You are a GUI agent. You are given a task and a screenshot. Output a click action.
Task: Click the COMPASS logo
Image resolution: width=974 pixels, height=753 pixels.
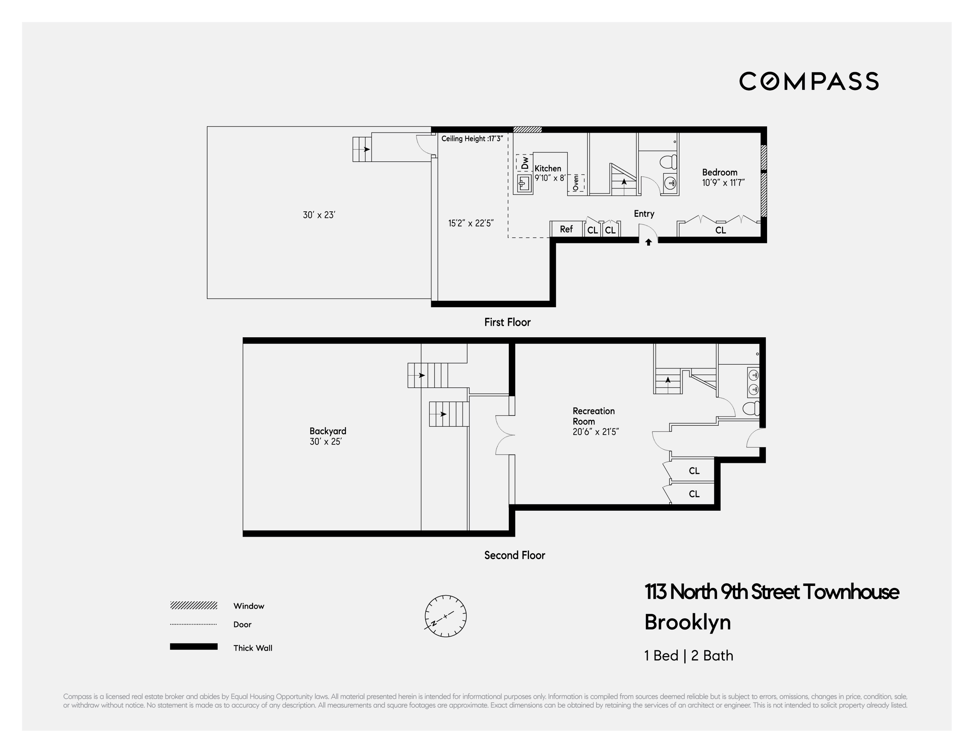click(809, 81)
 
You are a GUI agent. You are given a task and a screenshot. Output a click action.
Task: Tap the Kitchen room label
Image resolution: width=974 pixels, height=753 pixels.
click(548, 169)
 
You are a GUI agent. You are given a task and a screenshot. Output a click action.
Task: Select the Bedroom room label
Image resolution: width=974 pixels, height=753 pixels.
click(719, 172)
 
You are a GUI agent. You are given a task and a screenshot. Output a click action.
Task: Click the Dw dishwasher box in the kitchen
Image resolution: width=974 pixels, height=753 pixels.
click(524, 163)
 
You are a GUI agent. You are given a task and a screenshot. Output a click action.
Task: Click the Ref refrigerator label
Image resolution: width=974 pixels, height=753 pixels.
click(566, 229)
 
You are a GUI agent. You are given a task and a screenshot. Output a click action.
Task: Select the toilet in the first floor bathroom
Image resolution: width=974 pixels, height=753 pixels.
click(668, 161)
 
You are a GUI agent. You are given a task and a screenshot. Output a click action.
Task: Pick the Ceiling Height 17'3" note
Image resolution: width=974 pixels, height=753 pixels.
click(472, 139)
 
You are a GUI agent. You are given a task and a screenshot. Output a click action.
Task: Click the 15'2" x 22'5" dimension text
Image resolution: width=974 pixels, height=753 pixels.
click(471, 223)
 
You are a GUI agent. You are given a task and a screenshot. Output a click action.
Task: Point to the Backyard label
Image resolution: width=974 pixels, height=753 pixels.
click(328, 431)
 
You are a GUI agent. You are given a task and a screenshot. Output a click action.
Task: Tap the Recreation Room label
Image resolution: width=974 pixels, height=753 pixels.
click(593, 416)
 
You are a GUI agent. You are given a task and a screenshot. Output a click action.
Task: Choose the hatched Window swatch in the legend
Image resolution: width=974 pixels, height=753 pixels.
click(194, 605)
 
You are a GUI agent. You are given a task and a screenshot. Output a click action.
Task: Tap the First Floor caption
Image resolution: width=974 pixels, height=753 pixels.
click(507, 322)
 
